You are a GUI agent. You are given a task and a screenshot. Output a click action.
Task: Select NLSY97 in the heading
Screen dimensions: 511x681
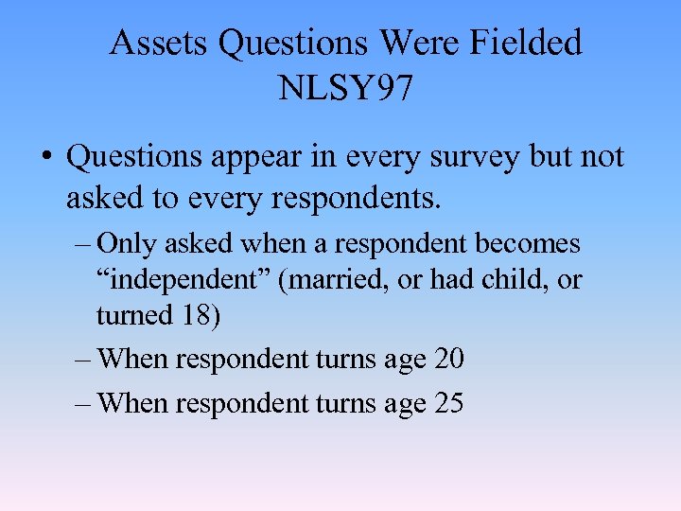coord(345,89)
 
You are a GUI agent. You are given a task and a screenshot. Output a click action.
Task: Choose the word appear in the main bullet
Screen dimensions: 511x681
coord(250,157)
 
